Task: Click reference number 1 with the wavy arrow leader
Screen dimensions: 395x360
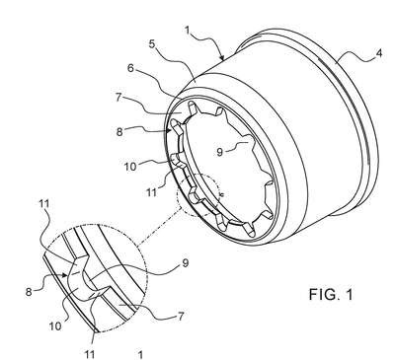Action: [188, 31]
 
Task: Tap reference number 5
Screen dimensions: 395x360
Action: [152, 44]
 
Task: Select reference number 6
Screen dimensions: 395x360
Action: [130, 68]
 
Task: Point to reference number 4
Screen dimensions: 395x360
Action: [379, 53]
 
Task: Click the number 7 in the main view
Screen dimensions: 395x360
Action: [118, 98]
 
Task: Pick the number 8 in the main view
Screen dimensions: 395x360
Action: [119, 132]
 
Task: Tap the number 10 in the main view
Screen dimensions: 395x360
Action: [130, 167]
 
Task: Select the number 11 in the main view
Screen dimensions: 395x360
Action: [151, 191]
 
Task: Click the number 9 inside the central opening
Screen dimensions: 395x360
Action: [220, 152]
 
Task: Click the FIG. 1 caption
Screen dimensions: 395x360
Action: [331, 294]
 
